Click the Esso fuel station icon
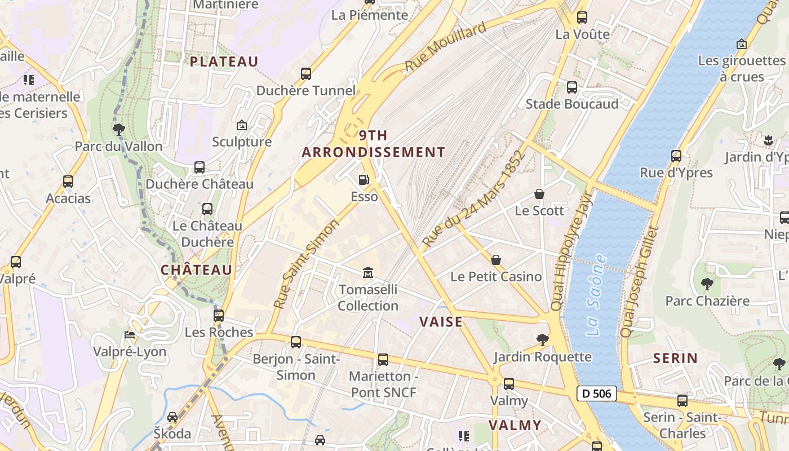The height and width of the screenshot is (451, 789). pyautogui.click(x=364, y=180)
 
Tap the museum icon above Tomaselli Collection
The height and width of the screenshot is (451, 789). pyautogui.click(x=368, y=273)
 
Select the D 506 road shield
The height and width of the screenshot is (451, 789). pyautogui.click(x=596, y=393)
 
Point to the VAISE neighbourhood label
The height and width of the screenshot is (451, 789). pyautogui.click(x=441, y=322)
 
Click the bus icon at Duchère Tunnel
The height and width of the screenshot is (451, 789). pyautogui.click(x=306, y=74)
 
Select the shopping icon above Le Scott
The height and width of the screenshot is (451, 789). pyautogui.click(x=539, y=194)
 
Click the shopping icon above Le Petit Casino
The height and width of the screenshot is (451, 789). pyautogui.click(x=496, y=260)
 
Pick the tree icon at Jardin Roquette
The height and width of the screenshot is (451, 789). pyautogui.click(x=543, y=339)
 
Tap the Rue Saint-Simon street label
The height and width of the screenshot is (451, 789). pyautogui.click(x=307, y=264)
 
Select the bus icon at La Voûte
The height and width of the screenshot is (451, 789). pyautogui.click(x=582, y=17)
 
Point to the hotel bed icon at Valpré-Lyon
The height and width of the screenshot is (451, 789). pyautogui.click(x=130, y=335)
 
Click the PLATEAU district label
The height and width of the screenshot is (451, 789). pyautogui.click(x=224, y=62)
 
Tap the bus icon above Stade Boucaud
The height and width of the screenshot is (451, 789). pyautogui.click(x=572, y=87)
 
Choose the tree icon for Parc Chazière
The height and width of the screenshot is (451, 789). pyautogui.click(x=707, y=284)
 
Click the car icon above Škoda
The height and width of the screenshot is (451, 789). pyautogui.click(x=172, y=417)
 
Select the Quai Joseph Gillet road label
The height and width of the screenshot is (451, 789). pyautogui.click(x=640, y=282)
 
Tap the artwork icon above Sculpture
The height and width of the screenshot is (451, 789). pyautogui.click(x=242, y=125)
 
